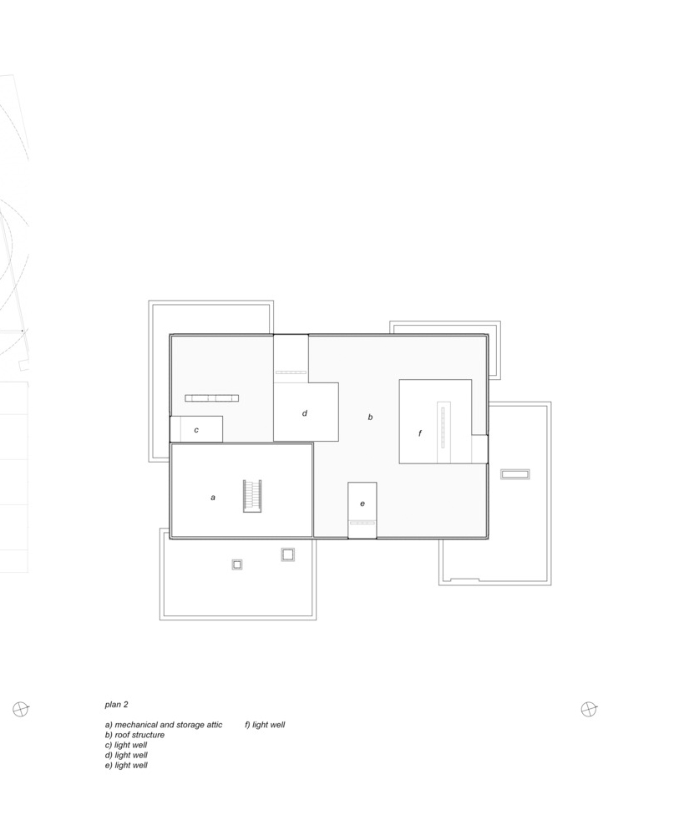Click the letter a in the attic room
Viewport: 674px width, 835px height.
click(x=213, y=498)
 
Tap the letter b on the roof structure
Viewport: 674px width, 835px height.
click(x=370, y=417)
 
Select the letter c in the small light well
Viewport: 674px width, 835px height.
click(x=196, y=430)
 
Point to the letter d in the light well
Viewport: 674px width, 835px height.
click(x=305, y=412)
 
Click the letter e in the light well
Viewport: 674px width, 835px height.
click(x=362, y=504)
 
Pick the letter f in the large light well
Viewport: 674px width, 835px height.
click(x=420, y=433)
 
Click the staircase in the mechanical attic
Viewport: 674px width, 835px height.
click(x=252, y=496)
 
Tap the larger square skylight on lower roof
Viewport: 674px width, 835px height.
click(x=287, y=555)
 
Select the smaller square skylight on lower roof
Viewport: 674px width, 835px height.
click(x=237, y=564)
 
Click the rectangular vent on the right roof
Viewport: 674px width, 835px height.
click(x=515, y=474)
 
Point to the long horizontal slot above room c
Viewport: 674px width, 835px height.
click(x=211, y=398)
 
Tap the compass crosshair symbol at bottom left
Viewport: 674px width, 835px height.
click(x=20, y=709)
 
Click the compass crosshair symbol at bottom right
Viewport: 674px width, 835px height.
click(x=589, y=709)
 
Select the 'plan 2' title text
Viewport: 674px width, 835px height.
click(x=116, y=705)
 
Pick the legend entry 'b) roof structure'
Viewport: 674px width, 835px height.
click(x=134, y=735)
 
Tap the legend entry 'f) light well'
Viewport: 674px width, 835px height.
click(x=265, y=725)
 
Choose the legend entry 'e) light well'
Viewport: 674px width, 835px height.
click(x=126, y=765)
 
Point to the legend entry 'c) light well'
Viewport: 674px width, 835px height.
click(x=126, y=745)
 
